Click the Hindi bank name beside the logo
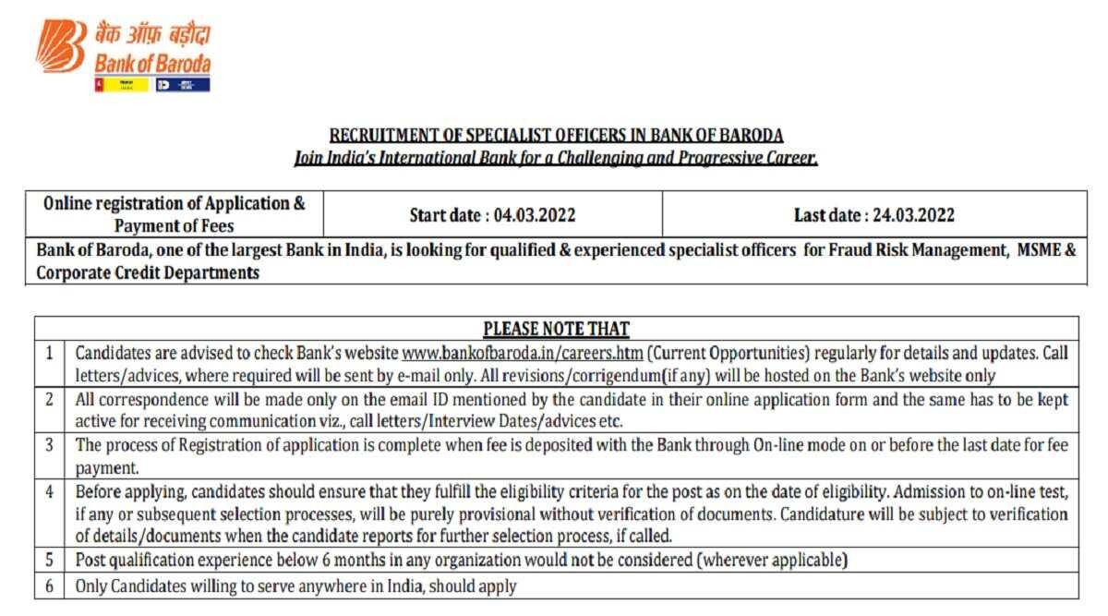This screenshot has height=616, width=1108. pyautogui.click(x=152, y=36)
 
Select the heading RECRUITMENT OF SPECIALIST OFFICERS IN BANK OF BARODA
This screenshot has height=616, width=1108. pyautogui.click(x=556, y=135)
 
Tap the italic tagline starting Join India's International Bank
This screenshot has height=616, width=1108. pyautogui.click(x=556, y=158)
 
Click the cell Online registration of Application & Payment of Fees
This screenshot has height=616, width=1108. pyautogui.click(x=175, y=214)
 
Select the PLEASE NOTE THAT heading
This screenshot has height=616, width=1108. pyautogui.click(x=556, y=329)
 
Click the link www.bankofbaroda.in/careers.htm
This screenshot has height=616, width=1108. pyautogui.click(x=524, y=353)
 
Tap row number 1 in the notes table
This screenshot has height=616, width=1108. pyautogui.click(x=50, y=353)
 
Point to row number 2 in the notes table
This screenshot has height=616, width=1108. pyautogui.click(x=50, y=400)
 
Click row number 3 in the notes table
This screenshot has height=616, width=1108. pyautogui.click(x=50, y=445)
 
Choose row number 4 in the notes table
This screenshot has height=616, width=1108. pyautogui.click(x=50, y=490)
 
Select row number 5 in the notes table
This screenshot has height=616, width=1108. pyautogui.click(x=50, y=560)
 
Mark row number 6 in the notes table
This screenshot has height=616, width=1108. pyautogui.click(x=50, y=586)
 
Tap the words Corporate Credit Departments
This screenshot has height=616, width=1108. pyautogui.click(x=148, y=272)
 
